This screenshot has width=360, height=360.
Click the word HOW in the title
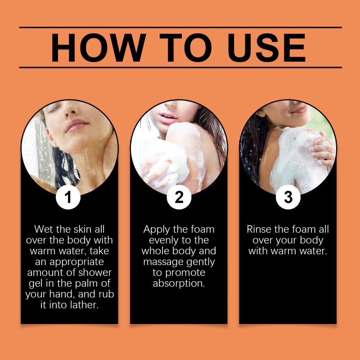[99, 48]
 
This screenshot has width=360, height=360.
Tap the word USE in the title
[266, 48]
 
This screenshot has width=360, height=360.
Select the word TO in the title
[185, 48]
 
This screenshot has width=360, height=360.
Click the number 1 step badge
[68, 197]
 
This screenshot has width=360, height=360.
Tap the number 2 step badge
[179, 197]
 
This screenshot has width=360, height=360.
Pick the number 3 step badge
[288, 197]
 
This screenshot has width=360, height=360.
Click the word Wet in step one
[44, 229]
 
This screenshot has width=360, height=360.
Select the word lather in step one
[84, 305]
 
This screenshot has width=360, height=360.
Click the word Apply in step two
[157, 229]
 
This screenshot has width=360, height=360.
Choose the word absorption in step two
[179, 283]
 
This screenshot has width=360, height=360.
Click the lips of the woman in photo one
[76, 125]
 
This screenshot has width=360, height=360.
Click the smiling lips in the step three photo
[300, 109]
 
